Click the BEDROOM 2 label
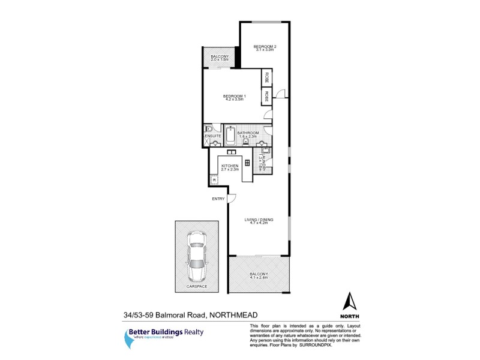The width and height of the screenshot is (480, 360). pos(264,47)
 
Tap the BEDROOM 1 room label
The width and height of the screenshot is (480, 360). pos(235,97)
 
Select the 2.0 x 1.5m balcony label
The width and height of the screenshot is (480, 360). pos(220,58)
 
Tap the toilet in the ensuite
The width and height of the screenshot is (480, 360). pos(208,129)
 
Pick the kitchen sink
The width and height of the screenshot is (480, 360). pos(232,151)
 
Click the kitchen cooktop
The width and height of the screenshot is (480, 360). pos(246,163)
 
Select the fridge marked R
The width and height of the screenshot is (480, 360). pos(214,179)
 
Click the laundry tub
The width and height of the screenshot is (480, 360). pos(267,151)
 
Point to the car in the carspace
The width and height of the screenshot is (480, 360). pos(196,256)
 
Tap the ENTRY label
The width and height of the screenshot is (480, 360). pos(218,199)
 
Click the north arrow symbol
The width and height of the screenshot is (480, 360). pos(350,302)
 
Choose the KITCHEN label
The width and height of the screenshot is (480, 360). pos(230,166)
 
